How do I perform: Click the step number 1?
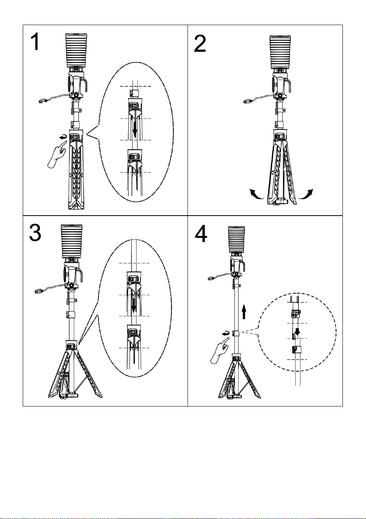click(35, 42)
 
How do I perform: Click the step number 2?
click(200, 44)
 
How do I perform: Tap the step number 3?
click(35, 233)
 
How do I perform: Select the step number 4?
click(201, 234)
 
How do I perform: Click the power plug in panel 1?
click(43, 101)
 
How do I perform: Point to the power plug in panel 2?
click(248, 101)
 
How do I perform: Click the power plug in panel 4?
click(212, 278)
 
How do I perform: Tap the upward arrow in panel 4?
click(244, 312)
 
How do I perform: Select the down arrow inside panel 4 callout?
click(297, 331)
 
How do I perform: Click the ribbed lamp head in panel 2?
click(280, 52)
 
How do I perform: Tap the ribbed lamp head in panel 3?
click(71, 241)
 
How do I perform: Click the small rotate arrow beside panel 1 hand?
click(63, 138)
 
